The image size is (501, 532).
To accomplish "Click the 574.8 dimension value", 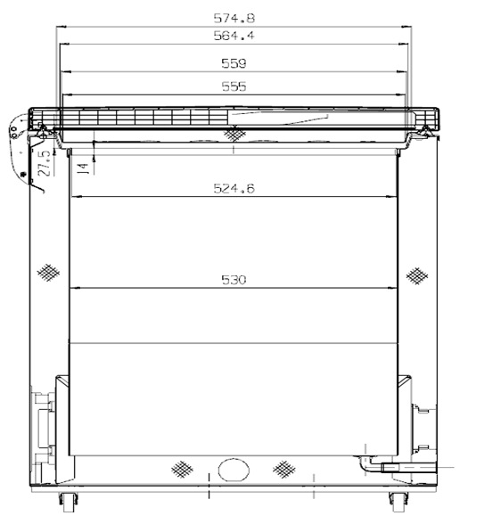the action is pos(234,19).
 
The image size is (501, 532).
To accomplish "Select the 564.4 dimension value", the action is pos(234,36).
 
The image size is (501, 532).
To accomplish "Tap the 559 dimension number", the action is pos(234,63).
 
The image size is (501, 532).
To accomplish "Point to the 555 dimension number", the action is pos(234,86).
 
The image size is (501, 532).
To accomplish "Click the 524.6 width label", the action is pos(234,188).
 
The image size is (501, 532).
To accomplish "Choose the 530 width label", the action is pos(234,280).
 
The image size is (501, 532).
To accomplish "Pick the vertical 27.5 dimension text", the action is pos(45,163).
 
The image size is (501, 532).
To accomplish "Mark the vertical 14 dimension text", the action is pos(83,168).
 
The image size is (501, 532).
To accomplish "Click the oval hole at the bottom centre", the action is pos(234,470).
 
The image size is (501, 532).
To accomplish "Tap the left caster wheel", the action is pos(69,503).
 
